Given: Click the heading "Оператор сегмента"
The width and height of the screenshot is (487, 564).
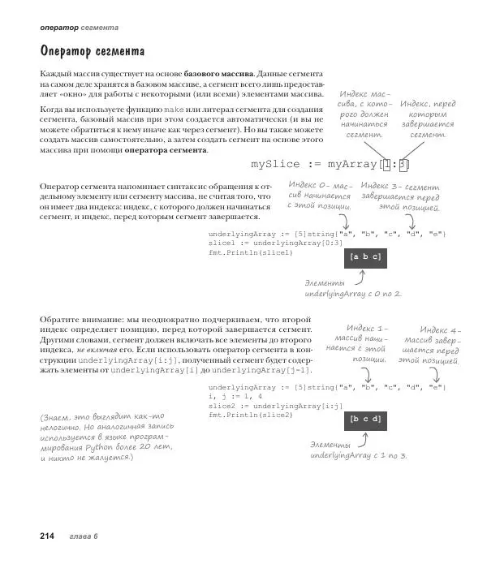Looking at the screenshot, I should [x=92, y=52].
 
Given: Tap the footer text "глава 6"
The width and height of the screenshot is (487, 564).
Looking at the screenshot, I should [x=84, y=536].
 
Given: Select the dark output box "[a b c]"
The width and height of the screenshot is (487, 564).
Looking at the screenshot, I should [x=364, y=256].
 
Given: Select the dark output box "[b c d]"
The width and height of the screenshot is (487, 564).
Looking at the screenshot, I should [x=364, y=420].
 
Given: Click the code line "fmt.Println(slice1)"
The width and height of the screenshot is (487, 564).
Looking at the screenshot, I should [x=250, y=252].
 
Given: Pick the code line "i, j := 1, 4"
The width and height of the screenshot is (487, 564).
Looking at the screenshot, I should [x=235, y=397].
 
